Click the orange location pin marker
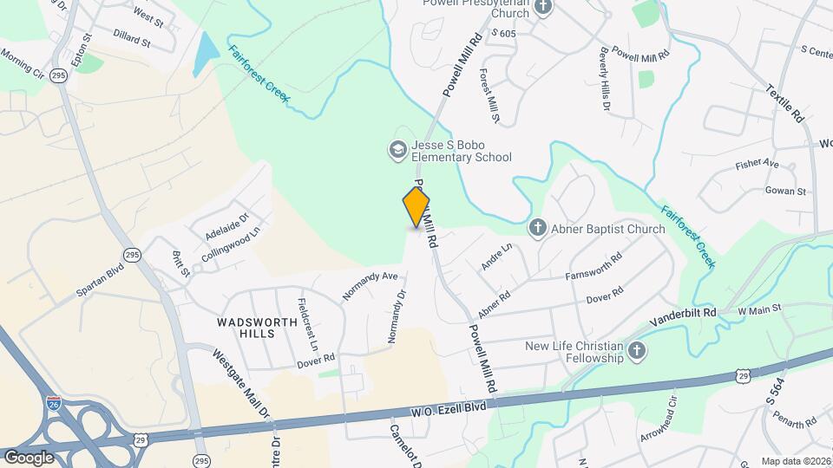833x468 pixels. pyautogui.click(x=416, y=207)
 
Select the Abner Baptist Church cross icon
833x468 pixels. pyautogui.click(x=538, y=229)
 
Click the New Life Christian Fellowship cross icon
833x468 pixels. pyautogui.click(x=637, y=351)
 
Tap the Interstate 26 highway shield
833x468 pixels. pyautogui.click(x=53, y=402)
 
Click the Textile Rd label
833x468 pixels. pyautogui.click(x=785, y=102)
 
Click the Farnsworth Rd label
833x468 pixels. pyautogui.click(x=594, y=268)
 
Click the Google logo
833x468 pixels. pyautogui.click(x=30, y=457)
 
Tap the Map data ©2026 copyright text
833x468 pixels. pyautogui.click(x=795, y=461)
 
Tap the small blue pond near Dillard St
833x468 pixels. pyautogui.click(x=204, y=55)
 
